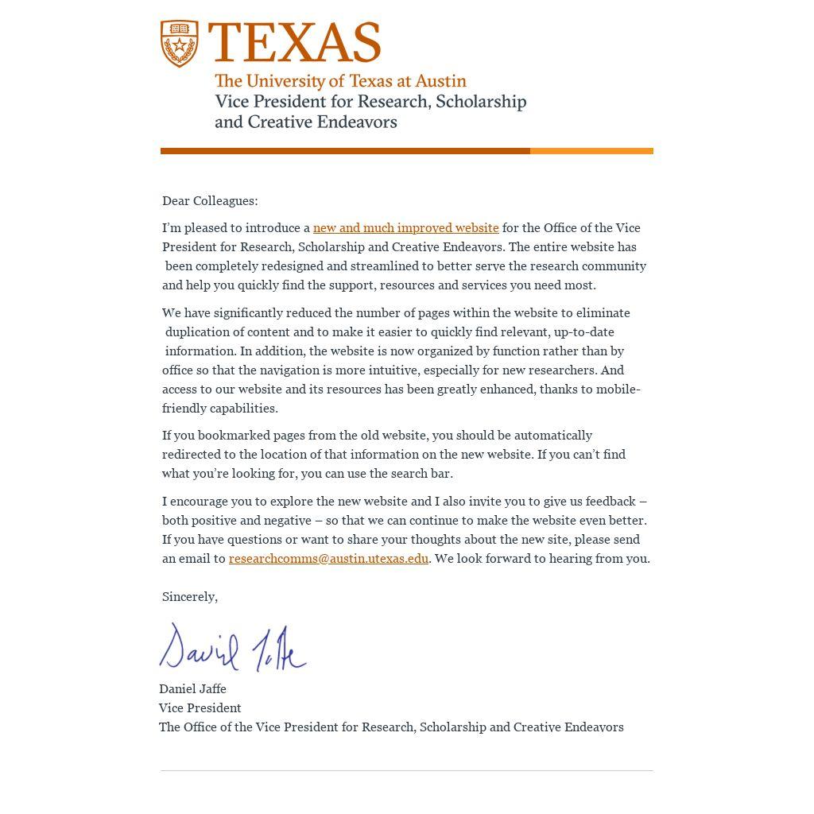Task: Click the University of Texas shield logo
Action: (x=180, y=44)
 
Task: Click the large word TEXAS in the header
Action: (x=294, y=43)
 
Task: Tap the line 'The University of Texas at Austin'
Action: (x=340, y=81)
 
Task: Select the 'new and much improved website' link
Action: (x=405, y=228)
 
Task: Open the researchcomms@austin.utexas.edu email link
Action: (x=328, y=559)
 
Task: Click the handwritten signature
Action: (x=232, y=648)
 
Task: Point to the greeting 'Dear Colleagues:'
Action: (x=210, y=201)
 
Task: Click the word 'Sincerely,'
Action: (x=190, y=597)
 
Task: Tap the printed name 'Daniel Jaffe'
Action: (x=192, y=689)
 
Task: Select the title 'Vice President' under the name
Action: (x=200, y=708)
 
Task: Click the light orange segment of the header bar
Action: (x=591, y=151)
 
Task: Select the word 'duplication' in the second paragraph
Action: (x=204, y=332)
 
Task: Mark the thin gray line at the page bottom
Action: (x=406, y=770)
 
